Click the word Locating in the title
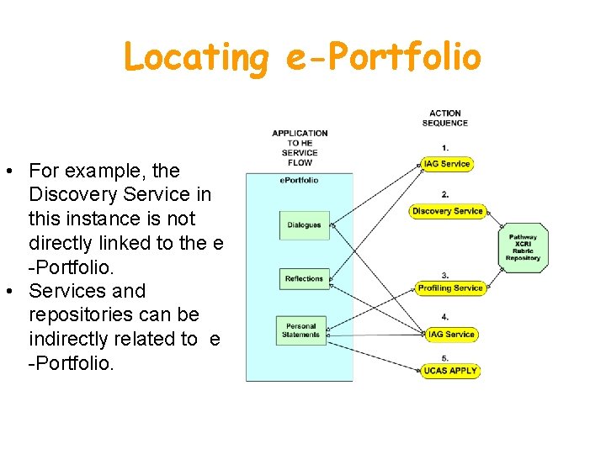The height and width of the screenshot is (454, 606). (x=194, y=58)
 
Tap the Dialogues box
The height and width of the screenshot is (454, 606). (x=304, y=225)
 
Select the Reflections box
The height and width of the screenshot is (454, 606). (x=304, y=278)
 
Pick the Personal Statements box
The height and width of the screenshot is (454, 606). (x=301, y=330)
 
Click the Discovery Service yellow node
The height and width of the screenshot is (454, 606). (x=447, y=211)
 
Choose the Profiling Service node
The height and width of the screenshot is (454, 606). (x=450, y=288)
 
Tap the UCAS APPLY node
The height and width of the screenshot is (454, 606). (x=451, y=371)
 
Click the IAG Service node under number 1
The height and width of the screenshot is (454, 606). (x=447, y=164)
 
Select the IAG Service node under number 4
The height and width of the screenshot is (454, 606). (x=451, y=334)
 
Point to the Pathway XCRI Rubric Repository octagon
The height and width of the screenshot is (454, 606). (x=523, y=247)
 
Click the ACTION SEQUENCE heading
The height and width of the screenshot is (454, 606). (x=445, y=118)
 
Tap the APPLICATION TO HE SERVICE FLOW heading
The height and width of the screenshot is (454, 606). (x=300, y=147)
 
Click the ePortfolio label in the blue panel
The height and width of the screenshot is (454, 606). (x=299, y=180)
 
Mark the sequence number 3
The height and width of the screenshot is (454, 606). (x=445, y=275)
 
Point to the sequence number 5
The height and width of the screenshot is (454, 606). (x=445, y=358)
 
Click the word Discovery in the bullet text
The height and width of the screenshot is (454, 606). (x=70, y=194)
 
